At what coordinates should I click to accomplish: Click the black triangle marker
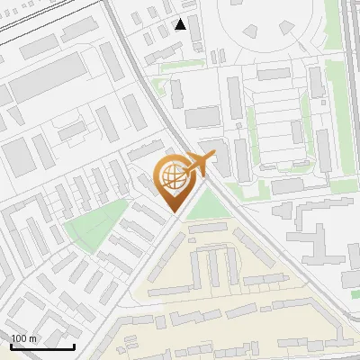[x=181, y=24]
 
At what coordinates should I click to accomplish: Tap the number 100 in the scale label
[x=19, y=338]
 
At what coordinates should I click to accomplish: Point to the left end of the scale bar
[x=11, y=346]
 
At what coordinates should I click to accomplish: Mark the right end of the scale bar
[x=74, y=346]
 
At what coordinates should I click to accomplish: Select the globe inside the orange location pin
[x=172, y=175]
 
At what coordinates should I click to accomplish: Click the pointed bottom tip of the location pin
[x=174, y=212]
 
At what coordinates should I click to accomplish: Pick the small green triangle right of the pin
[x=207, y=205]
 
